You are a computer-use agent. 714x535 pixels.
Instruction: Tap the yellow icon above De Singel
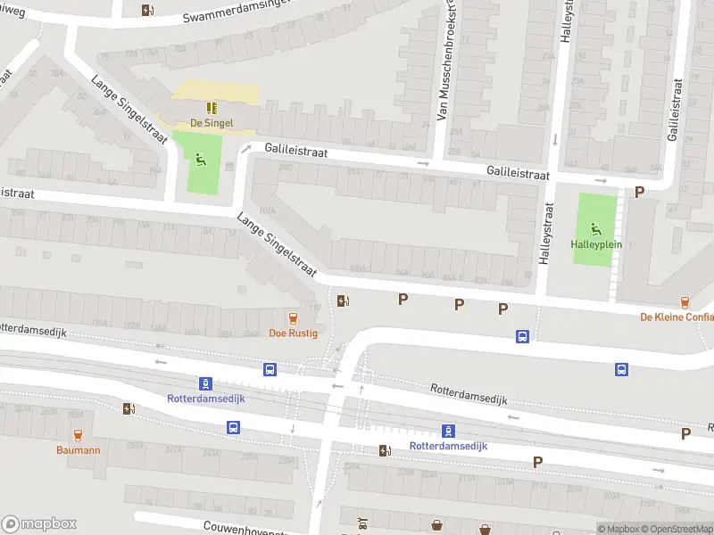(x=212, y=107)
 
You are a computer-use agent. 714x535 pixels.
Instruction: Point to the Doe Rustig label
(x=291, y=333)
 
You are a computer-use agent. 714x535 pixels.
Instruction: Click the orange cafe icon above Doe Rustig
(x=291, y=317)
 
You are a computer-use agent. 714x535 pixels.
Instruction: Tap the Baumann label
(x=78, y=450)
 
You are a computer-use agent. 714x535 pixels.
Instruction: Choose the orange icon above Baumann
(x=78, y=434)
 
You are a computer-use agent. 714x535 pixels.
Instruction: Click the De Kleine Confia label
(x=677, y=317)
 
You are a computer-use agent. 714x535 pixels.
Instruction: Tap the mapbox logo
(x=39, y=524)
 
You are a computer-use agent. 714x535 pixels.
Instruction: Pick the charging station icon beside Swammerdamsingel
(x=147, y=10)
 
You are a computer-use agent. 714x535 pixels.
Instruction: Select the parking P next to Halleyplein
(x=639, y=192)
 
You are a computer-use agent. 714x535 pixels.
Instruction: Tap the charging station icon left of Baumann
(x=129, y=408)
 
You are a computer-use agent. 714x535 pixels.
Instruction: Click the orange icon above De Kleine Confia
(x=685, y=302)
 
